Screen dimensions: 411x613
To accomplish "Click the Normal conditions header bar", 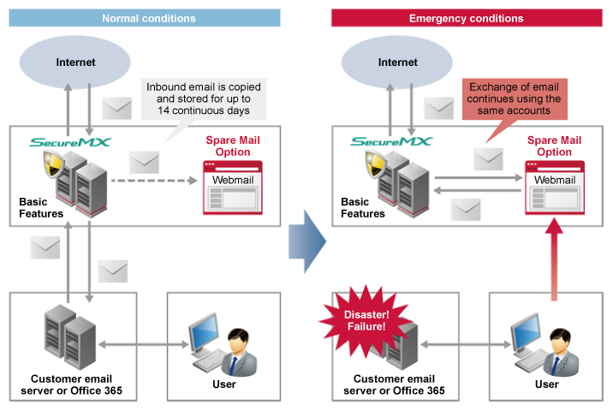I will click(x=148, y=18).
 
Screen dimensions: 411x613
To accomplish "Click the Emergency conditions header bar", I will click(x=466, y=18).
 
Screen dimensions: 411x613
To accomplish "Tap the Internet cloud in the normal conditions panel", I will click(x=75, y=62).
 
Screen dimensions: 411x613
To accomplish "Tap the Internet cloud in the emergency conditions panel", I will click(x=398, y=62).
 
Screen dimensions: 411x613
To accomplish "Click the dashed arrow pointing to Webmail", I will click(x=155, y=182).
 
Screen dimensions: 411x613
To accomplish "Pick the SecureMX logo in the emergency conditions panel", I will click(x=393, y=141).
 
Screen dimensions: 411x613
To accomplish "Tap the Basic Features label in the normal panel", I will click(x=40, y=207).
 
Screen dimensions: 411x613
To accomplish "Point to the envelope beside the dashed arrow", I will click(x=144, y=162).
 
